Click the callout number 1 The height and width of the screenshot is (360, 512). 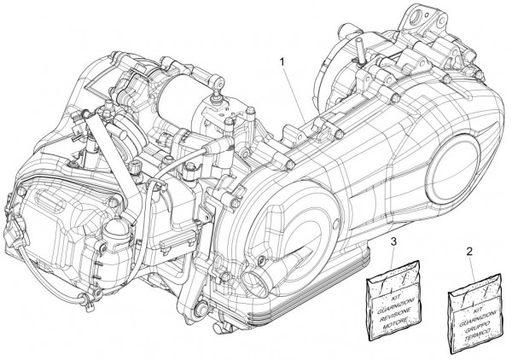click(x=282, y=61)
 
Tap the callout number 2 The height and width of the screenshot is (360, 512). click(x=470, y=253)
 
